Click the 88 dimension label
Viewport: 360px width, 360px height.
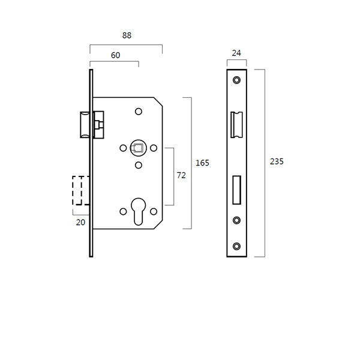coord(127,35)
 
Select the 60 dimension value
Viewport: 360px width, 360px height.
coord(115,55)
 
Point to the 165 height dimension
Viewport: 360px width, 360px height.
coord(202,163)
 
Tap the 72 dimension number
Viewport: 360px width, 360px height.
coord(181,176)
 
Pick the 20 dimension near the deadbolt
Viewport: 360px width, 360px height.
coord(80,222)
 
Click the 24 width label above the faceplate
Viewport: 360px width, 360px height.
coord(236,53)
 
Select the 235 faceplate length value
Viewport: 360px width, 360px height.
coord(277,161)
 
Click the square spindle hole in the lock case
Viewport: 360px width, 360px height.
coord(138,148)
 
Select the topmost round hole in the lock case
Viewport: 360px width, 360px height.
coord(139,111)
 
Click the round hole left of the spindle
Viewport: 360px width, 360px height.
coord(123,148)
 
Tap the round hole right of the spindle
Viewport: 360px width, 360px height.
coord(154,148)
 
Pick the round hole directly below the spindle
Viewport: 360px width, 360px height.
coord(139,165)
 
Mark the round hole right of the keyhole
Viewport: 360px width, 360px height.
coord(154,211)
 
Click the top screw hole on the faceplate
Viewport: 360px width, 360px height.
coord(236,80)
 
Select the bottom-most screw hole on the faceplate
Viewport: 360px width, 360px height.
coord(236,246)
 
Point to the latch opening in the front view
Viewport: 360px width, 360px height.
coord(236,125)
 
